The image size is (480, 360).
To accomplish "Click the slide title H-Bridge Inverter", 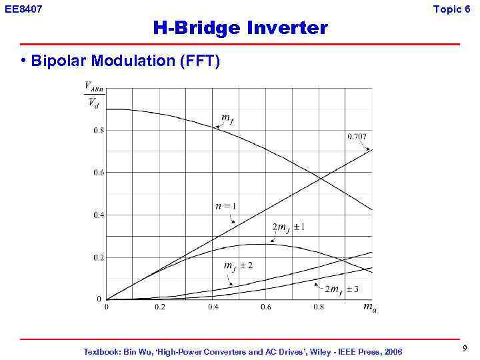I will pos(240,28).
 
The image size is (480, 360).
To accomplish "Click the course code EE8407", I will pos(23,9).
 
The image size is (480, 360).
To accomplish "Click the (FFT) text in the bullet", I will pos(198,61).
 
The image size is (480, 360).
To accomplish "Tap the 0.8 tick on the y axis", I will pos(98,131).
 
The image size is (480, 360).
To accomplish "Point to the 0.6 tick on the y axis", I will pos(98,173).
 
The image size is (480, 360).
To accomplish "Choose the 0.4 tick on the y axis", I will pos(98,215).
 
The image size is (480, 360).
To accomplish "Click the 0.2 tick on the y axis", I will pos(98,257).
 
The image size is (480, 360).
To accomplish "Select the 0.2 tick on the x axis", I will pos(160,307).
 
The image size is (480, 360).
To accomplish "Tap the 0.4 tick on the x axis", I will pos(213,307).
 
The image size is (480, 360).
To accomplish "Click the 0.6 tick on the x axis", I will pos(265,307).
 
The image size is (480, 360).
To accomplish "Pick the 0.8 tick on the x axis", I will pos(319,307).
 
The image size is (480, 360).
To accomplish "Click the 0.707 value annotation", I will pos(357,137).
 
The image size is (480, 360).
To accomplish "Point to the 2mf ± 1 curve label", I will pos(289,227).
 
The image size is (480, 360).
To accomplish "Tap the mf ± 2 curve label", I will pos(238,266).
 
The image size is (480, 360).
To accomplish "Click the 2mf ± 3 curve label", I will pos(342,289).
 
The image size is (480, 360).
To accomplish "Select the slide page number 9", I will pos(465,348).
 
